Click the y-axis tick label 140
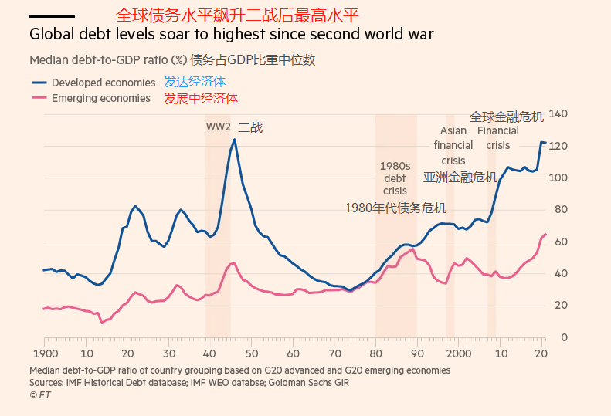pyautogui.click(x=558, y=114)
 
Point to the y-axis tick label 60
pyautogui.click(x=561, y=242)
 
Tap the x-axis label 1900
pyautogui.click(x=44, y=353)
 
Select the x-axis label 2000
pyautogui.click(x=459, y=353)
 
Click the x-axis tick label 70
pyautogui.click(x=335, y=353)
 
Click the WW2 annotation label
pyautogui.click(x=218, y=127)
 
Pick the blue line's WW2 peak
pyautogui.click(x=235, y=140)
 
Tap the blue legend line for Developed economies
pyautogui.click(x=39, y=82)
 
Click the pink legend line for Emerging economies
pyautogui.click(x=39, y=98)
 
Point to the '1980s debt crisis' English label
pyautogui.click(x=395, y=178)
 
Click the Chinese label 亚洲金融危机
pyautogui.click(x=460, y=177)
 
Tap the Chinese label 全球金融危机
pyautogui.click(x=507, y=117)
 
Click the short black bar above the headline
pyautogui.click(x=52, y=15)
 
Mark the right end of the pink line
pyautogui.click(x=545, y=234)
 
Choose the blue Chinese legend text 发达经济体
pyautogui.click(x=195, y=82)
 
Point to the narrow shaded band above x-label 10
pyautogui.click(x=491, y=232)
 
